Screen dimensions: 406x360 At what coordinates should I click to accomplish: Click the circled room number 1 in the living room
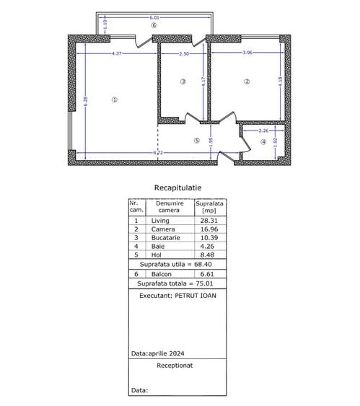114,100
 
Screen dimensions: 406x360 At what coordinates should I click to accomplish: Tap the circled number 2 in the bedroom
247,81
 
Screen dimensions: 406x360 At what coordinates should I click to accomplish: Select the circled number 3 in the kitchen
183,81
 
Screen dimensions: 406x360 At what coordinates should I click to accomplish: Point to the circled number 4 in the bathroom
263,142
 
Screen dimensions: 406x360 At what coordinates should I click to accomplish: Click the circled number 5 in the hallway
196,140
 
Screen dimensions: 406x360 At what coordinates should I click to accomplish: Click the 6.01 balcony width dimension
154,17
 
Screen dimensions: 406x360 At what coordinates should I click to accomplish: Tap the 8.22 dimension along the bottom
157,153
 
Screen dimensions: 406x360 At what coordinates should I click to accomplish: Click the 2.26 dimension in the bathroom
263,131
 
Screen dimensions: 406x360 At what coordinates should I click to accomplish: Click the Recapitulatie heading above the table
177,187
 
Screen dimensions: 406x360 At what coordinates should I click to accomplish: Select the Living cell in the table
159,221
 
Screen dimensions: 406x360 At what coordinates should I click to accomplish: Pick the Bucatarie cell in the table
164,237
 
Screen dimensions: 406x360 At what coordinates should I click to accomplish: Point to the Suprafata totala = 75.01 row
177,283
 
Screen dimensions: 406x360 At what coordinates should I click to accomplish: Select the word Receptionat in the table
177,366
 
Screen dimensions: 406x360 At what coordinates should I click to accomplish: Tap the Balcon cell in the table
162,275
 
